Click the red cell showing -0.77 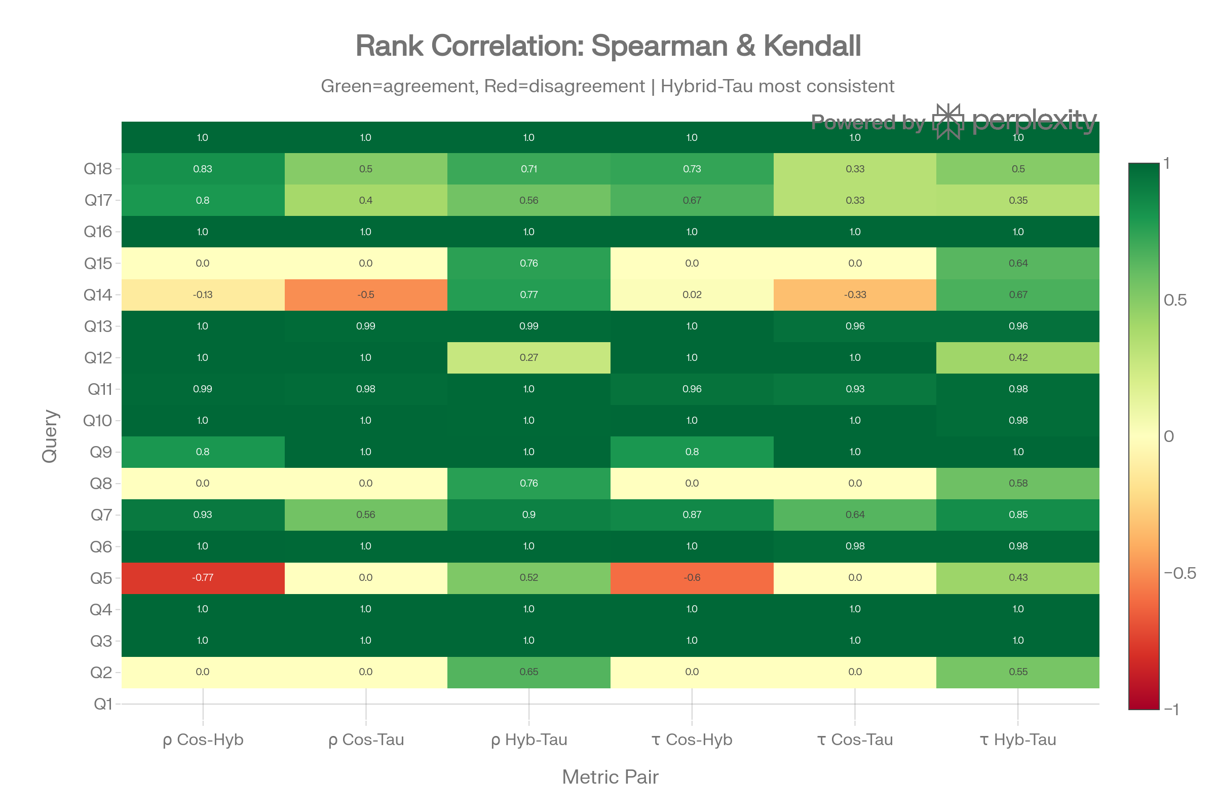pyautogui.click(x=203, y=578)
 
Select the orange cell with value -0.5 pyautogui.click(x=365, y=295)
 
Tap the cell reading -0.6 pyautogui.click(x=692, y=578)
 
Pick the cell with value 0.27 pyautogui.click(x=528, y=357)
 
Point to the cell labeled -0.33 pyautogui.click(x=855, y=295)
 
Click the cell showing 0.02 pyautogui.click(x=692, y=295)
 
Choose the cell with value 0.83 pyautogui.click(x=203, y=169)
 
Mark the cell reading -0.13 pyautogui.click(x=203, y=295)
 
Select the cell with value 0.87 pyautogui.click(x=692, y=514)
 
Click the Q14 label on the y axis pyautogui.click(x=98, y=295)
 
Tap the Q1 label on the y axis pyautogui.click(x=102, y=704)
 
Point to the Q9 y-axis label pyautogui.click(x=100, y=452)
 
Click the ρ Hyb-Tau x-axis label pyautogui.click(x=529, y=740)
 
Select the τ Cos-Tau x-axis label pyautogui.click(x=855, y=740)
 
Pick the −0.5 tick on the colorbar pyautogui.click(x=1180, y=573)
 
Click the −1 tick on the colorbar pyautogui.click(x=1171, y=709)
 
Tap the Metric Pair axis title pyautogui.click(x=610, y=777)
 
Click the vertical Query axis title pyautogui.click(x=50, y=436)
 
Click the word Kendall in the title pyautogui.click(x=812, y=46)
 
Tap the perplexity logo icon pyautogui.click(x=947, y=121)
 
